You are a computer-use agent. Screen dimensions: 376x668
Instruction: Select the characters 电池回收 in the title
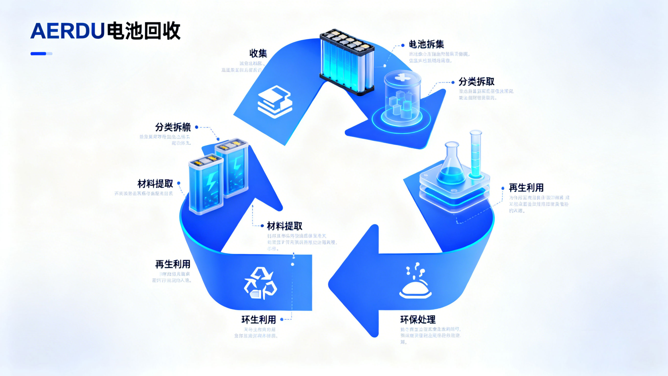tap(143, 31)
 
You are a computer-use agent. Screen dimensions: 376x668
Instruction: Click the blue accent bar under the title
tap(41, 54)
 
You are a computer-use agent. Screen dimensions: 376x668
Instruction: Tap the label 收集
tap(258, 53)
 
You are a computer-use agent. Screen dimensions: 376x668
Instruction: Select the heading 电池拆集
tap(426, 44)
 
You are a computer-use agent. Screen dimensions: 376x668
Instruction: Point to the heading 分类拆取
tap(476, 82)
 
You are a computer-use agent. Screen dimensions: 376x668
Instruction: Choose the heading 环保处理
tap(418, 320)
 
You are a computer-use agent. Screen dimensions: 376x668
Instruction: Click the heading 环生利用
tap(259, 320)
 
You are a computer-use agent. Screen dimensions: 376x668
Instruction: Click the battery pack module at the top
tap(347, 62)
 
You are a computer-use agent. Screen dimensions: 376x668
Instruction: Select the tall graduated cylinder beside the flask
tap(476, 155)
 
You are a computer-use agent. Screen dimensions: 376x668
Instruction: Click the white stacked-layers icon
tap(275, 102)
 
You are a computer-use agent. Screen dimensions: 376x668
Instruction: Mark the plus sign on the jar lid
tap(402, 77)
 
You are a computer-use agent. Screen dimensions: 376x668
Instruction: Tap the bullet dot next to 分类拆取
tap(453, 82)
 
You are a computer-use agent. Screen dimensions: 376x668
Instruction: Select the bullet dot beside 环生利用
tap(282, 319)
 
